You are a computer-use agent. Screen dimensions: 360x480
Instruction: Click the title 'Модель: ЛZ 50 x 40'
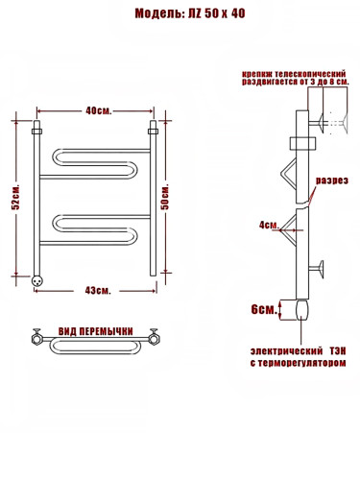tap(190, 13)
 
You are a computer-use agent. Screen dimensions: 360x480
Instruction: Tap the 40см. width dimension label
tap(99, 110)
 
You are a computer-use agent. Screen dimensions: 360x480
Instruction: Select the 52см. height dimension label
tap(15, 197)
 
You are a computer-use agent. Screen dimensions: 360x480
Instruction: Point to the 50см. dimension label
tap(166, 196)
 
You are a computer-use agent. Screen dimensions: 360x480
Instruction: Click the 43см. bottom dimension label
tap(98, 290)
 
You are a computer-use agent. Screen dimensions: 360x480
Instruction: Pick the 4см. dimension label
tap(269, 225)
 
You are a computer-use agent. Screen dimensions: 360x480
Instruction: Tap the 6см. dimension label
tap(264, 309)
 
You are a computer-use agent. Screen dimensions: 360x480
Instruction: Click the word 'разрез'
tap(332, 180)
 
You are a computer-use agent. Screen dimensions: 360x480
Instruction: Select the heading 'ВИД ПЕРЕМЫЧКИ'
tap(95, 331)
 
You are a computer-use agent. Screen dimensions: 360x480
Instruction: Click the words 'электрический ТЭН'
tap(299, 351)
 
